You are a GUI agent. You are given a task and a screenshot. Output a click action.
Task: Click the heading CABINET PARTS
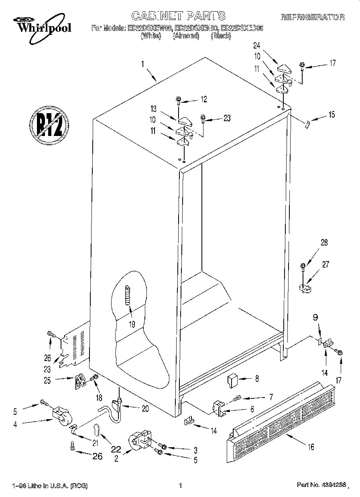[178, 16]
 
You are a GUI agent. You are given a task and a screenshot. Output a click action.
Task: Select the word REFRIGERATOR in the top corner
[312, 17]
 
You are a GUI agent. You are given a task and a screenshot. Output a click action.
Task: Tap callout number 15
[331, 115]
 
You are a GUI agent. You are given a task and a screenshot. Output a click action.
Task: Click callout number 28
[324, 242]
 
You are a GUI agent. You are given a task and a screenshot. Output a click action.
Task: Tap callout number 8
[257, 378]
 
